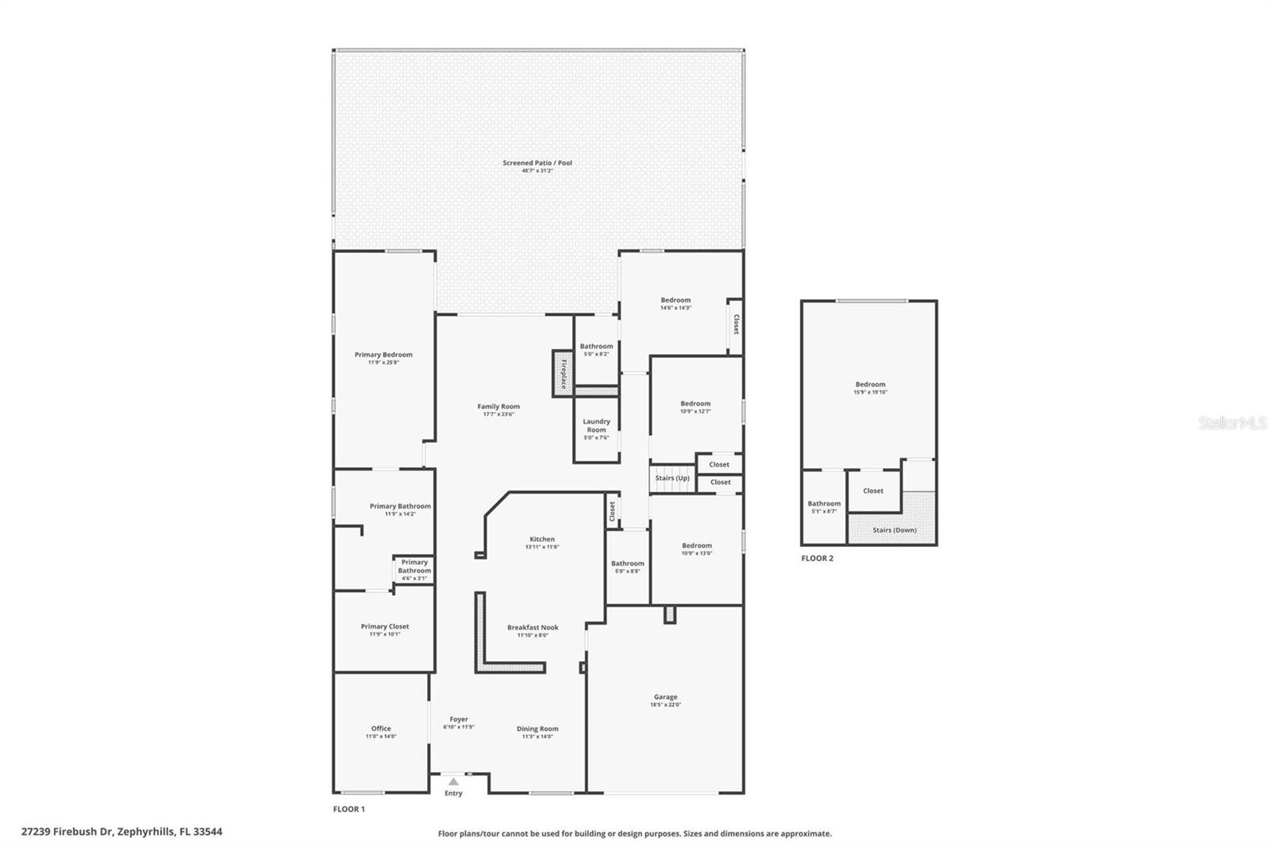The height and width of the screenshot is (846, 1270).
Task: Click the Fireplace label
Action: pos(564,373)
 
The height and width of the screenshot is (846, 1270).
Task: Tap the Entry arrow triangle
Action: pos(453,782)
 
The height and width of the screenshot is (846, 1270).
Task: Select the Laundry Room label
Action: pos(596,425)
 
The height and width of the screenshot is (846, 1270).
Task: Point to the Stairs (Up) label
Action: pos(672,478)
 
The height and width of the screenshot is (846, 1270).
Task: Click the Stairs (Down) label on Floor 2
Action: pos(895,529)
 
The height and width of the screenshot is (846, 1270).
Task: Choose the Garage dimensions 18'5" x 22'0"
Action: pos(665,705)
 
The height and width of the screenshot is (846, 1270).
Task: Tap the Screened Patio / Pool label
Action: pos(537,163)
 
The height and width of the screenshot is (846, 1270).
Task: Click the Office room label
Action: pos(381,728)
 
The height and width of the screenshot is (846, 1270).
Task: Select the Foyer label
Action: pos(459,719)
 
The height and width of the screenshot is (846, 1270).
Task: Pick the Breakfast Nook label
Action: pos(533,627)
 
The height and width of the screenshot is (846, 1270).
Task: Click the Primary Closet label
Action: pos(385,626)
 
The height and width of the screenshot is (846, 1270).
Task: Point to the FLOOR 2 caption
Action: pos(817,558)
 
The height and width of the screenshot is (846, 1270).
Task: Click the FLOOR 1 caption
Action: pos(348,809)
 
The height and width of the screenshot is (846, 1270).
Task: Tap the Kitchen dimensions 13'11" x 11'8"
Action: pos(542,547)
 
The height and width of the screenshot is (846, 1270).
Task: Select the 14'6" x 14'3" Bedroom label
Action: pos(675,300)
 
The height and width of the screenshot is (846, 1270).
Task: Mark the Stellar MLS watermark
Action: pos(1232,423)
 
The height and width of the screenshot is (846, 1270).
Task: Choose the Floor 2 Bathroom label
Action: pos(824,503)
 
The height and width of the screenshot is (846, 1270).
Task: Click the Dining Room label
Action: pos(537,728)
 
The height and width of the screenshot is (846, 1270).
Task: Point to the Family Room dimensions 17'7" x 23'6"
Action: pos(498,414)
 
